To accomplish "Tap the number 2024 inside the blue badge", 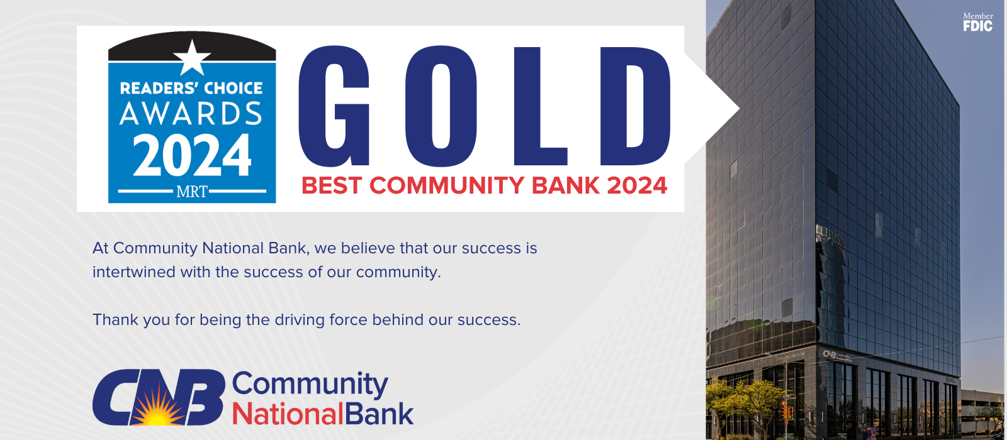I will (x=192, y=157).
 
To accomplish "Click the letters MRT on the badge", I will (x=192, y=192).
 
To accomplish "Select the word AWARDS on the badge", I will (x=191, y=114).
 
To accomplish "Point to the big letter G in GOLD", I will (x=334, y=106).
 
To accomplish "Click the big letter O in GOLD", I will (x=441, y=106).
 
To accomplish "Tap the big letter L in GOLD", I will (x=539, y=106).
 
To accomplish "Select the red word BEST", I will (x=332, y=186).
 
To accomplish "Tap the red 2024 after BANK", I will (x=637, y=186).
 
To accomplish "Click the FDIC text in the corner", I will (x=977, y=26).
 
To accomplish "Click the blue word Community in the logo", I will (x=310, y=383).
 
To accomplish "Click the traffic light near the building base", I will (x=787, y=412).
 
